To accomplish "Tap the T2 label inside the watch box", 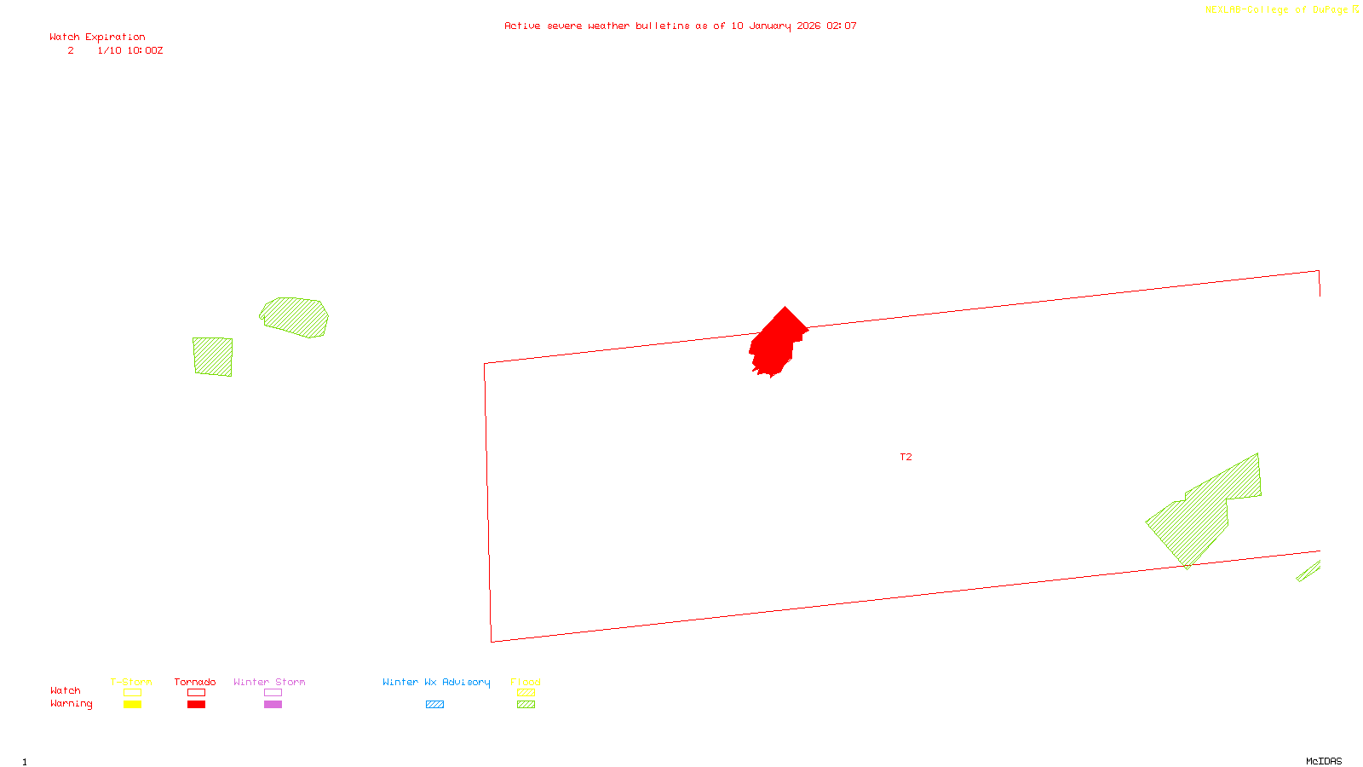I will point(906,457).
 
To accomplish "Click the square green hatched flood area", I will point(212,356).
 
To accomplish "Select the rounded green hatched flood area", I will point(295,317).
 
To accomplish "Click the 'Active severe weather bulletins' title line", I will point(680,26).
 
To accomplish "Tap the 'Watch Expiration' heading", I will point(97,37).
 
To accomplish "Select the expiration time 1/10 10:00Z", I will point(129,50).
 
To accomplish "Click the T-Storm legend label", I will point(131,682).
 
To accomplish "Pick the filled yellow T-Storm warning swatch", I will point(132,705).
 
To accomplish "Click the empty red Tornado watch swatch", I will point(196,693).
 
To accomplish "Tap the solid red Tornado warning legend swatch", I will point(196,705).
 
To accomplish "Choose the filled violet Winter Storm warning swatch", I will point(273,705).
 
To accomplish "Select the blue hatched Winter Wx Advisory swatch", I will point(434,705).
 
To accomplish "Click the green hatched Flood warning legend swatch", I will point(526,705).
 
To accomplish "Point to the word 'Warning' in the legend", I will point(72,704).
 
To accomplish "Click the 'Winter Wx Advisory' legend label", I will point(436,682).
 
